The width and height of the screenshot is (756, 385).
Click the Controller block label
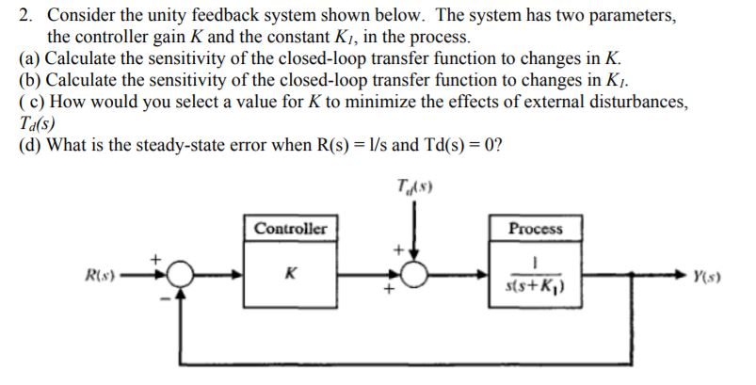[x=290, y=228]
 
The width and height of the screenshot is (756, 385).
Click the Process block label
[x=535, y=228]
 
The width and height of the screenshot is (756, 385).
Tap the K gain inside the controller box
[x=290, y=274]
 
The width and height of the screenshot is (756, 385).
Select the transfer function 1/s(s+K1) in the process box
[x=535, y=275]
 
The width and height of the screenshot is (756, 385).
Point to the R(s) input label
[x=100, y=276]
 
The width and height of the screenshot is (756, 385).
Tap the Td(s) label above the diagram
[x=414, y=185]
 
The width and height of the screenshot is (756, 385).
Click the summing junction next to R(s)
[x=180, y=275]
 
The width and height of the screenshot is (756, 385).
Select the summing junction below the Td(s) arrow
[x=414, y=275]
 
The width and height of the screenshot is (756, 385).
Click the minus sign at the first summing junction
[x=166, y=298]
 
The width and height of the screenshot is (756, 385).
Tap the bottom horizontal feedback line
[x=406, y=364]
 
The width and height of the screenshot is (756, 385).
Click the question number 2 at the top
[x=25, y=15]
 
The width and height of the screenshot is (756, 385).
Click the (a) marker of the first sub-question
[x=29, y=58]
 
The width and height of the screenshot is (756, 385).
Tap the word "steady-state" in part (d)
[x=182, y=144]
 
